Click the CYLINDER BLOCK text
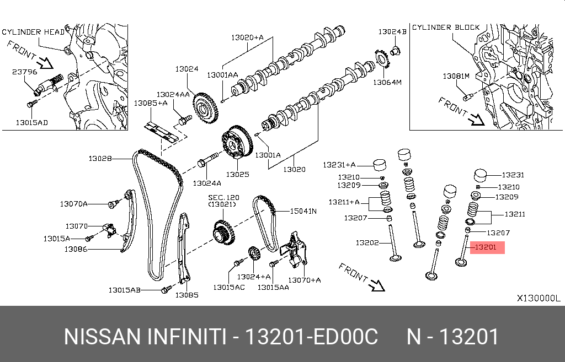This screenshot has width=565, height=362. [x=446, y=27]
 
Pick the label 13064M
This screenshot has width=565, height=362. [x=387, y=83]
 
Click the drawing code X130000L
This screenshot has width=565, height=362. [x=538, y=298]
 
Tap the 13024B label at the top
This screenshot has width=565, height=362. [x=392, y=32]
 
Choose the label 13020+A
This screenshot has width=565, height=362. [x=247, y=37]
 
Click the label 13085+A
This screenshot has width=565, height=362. [x=150, y=103]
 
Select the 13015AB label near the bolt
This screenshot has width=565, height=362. [x=124, y=290]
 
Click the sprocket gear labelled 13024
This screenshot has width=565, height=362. [x=207, y=108]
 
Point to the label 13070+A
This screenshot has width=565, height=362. [x=305, y=280]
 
